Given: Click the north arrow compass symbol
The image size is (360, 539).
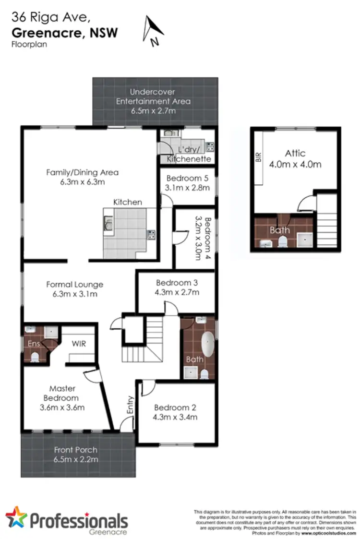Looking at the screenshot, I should click(x=154, y=30).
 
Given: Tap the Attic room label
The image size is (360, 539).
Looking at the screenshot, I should click(x=295, y=153).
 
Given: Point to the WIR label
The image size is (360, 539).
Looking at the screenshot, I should click(x=79, y=344).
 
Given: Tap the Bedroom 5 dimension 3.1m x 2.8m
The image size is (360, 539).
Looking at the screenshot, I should click(x=187, y=188).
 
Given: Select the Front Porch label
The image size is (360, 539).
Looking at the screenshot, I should click(x=76, y=450).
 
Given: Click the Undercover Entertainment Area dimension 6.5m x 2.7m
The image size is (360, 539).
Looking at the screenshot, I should click(x=154, y=110).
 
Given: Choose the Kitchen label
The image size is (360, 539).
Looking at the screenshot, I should click(x=128, y=202).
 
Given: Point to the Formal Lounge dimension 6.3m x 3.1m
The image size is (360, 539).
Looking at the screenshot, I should click(x=74, y=294).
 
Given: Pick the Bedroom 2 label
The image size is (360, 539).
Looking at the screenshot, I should click(x=175, y=407).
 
